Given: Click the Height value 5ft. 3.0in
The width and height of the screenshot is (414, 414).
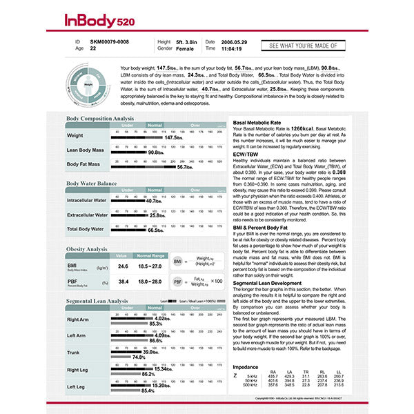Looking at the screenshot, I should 187,42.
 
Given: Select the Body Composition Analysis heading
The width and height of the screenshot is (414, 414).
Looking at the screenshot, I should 100,119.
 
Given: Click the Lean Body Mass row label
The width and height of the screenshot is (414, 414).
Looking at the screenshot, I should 86,150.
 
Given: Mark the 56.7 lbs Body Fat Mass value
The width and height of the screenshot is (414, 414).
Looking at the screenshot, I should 185,167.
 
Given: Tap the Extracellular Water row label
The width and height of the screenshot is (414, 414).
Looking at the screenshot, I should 87,215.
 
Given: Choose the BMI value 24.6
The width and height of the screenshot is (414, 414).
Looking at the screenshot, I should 123,266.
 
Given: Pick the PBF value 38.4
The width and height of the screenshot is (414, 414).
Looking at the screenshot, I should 123,282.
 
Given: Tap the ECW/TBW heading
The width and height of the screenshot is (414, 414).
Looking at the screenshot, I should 246,154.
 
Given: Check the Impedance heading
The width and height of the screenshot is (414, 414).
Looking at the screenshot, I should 246,366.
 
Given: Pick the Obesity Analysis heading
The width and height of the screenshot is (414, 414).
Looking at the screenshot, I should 87,248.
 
